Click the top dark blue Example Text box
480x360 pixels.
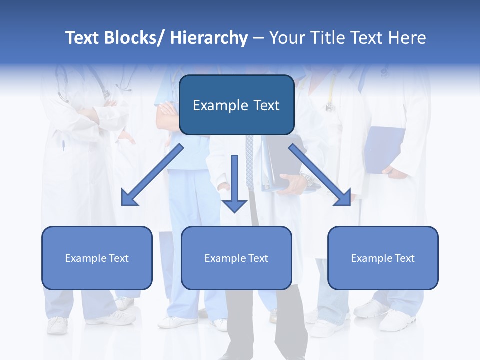(236, 105)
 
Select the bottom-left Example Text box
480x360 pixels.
(97, 258)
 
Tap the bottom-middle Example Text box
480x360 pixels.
(236, 258)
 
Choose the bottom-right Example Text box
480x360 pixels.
(383, 258)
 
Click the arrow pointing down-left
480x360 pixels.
(152, 175)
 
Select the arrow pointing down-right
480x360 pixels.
(320, 175)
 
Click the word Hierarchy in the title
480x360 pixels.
(209, 38)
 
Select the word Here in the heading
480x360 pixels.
(407, 38)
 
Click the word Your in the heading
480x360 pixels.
(286, 38)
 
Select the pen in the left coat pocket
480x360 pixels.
(64, 146)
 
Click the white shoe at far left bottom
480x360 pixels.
(57, 325)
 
